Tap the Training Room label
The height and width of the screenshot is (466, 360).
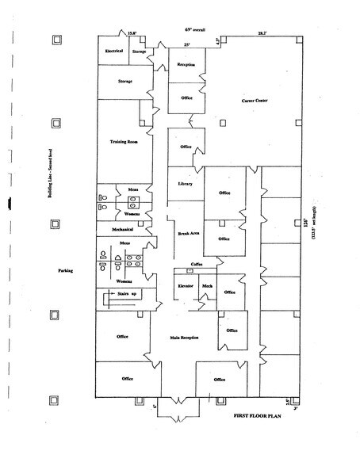pos(124,143)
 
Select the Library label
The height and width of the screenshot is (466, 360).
pos(186,184)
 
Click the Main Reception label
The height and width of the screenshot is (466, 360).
pos(183,338)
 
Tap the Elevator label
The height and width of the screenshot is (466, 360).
pos(186,285)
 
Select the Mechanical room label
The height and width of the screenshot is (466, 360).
pos(114,228)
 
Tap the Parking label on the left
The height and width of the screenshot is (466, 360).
pos(65,271)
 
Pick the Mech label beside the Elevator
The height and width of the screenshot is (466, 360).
pos(206,285)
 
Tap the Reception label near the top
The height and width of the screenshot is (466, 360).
pos(186,64)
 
